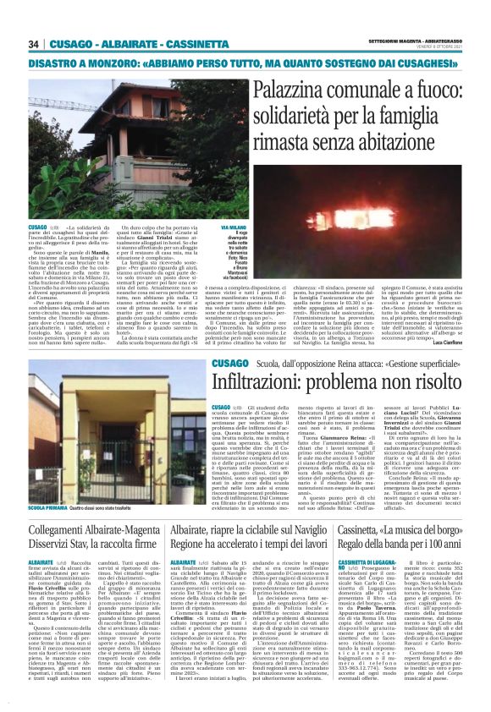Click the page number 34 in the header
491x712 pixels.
click(x=34, y=44)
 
